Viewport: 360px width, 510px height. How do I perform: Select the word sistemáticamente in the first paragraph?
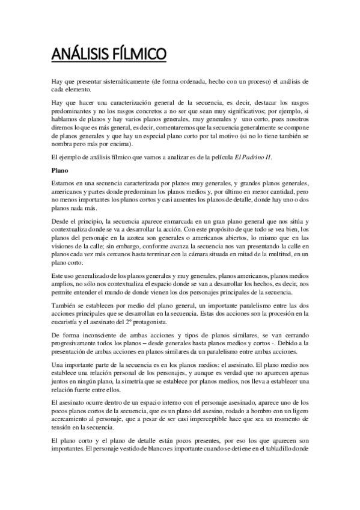(x=125, y=80)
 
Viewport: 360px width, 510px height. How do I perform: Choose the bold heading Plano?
(x=59, y=153)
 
